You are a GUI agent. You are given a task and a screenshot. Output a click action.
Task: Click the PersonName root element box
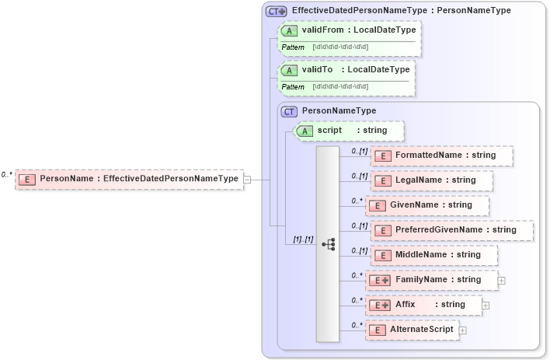tap(129, 179)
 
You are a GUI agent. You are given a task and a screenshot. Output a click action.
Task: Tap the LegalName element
tap(432, 180)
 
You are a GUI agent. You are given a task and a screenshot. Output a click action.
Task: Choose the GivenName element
tap(427, 205)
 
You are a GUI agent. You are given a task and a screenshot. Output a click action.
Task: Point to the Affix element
tap(424, 305)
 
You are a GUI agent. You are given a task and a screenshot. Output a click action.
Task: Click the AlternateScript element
tap(412, 330)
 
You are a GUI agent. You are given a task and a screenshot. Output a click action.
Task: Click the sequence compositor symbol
tap(328, 244)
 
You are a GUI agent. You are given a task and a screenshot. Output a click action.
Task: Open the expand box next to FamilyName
tap(502, 280)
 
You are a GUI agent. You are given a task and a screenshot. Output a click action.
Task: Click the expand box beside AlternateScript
tap(463, 330)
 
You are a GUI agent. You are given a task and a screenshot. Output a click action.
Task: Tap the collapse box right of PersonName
tap(247, 180)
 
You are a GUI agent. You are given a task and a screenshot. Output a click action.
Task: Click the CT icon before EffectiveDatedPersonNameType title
tap(277, 12)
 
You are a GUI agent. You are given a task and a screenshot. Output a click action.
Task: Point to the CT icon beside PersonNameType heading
tap(290, 112)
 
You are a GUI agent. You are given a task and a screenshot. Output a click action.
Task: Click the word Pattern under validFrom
tap(293, 47)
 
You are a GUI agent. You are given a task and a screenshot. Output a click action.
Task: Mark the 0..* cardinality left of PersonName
tap(7, 175)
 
